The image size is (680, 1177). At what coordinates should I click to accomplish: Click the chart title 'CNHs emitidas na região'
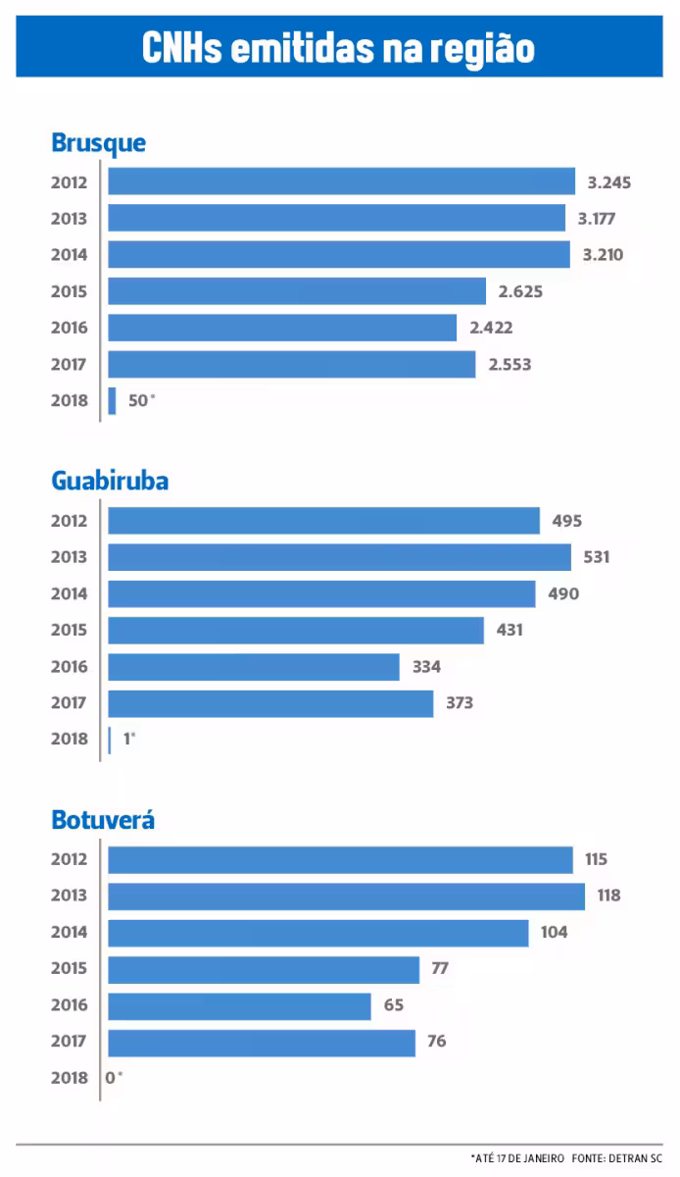(339, 47)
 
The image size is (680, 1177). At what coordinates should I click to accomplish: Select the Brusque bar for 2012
(341, 181)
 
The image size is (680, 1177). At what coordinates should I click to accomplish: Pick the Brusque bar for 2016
(282, 328)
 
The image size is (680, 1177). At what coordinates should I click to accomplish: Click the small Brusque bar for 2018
(113, 400)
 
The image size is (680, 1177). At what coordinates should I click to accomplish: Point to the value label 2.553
(510, 364)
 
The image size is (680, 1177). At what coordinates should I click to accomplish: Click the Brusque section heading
(98, 142)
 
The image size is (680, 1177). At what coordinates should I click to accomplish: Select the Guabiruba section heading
(110, 481)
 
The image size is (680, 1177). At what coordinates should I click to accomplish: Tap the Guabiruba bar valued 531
(339, 557)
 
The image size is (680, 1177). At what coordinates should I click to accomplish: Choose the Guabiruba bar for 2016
(254, 667)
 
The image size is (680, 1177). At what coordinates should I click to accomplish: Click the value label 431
(510, 630)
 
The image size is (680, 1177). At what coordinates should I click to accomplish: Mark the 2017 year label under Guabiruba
(69, 703)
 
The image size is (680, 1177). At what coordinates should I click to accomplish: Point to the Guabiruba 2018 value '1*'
(129, 740)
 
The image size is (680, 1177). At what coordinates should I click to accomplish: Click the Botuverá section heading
(103, 819)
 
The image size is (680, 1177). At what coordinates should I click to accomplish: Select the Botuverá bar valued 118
(346, 896)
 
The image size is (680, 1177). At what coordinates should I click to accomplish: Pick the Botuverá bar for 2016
(239, 1005)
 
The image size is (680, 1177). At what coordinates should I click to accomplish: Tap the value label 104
(555, 932)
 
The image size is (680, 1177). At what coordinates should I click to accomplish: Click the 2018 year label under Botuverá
(69, 1078)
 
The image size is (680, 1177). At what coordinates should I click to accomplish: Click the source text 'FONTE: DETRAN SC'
(622, 1158)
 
